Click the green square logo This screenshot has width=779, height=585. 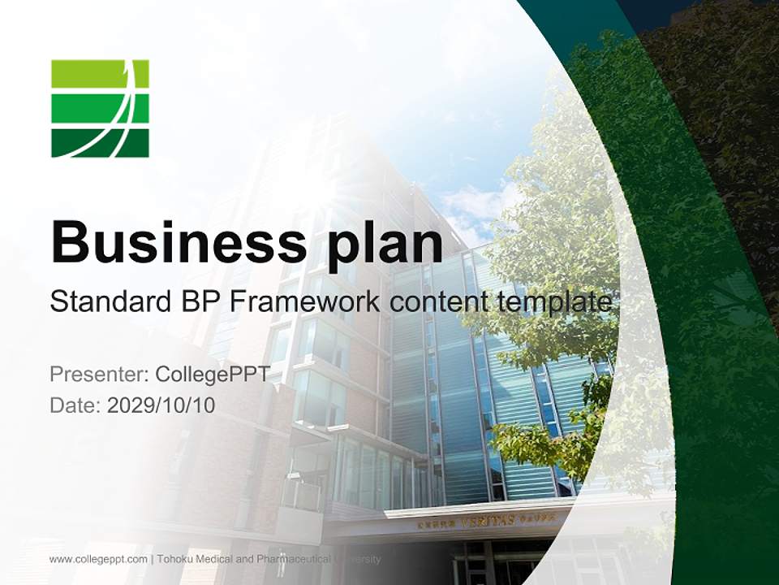(x=100, y=108)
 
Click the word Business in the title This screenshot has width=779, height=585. (x=179, y=242)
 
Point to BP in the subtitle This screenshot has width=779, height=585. (x=197, y=302)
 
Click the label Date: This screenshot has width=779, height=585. (x=75, y=405)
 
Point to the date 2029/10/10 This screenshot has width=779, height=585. (x=161, y=405)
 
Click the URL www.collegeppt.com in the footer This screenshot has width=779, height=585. (x=98, y=559)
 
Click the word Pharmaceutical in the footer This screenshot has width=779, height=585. (x=299, y=559)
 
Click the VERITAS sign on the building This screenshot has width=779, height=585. (x=488, y=520)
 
